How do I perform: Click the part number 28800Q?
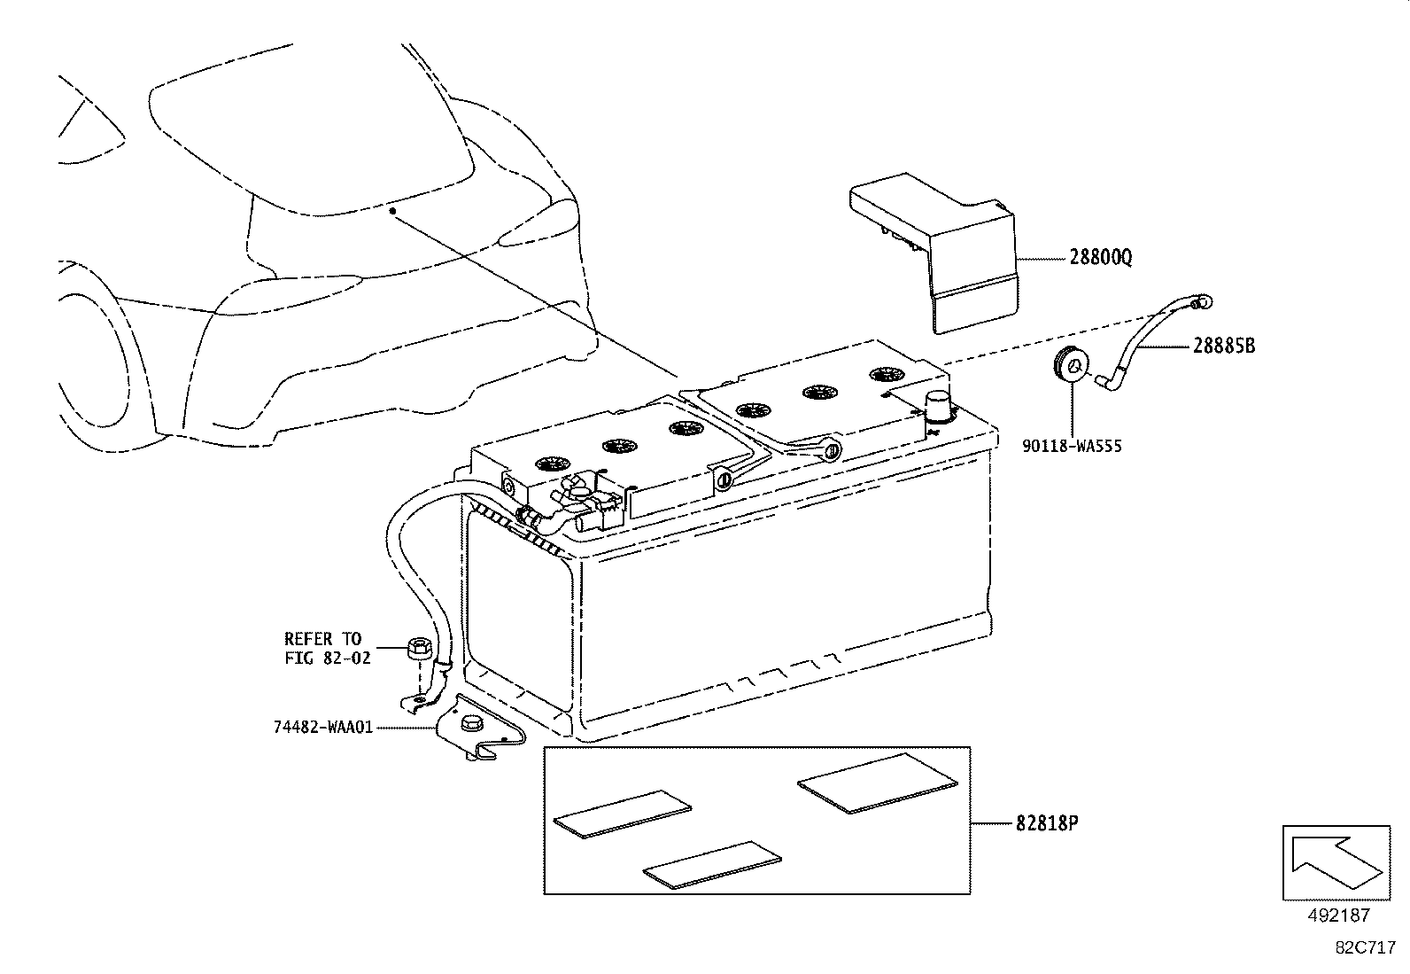pyautogui.click(x=1100, y=258)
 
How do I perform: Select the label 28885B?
pyautogui.click(x=1223, y=347)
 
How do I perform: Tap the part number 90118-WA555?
pyautogui.click(x=1072, y=446)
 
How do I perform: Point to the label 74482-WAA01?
pyautogui.click(x=323, y=727)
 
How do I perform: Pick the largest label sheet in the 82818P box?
pyautogui.click(x=877, y=783)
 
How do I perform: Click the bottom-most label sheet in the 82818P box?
pyautogui.click(x=713, y=864)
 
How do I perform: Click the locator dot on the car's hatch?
pyautogui.click(x=391, y=211)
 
